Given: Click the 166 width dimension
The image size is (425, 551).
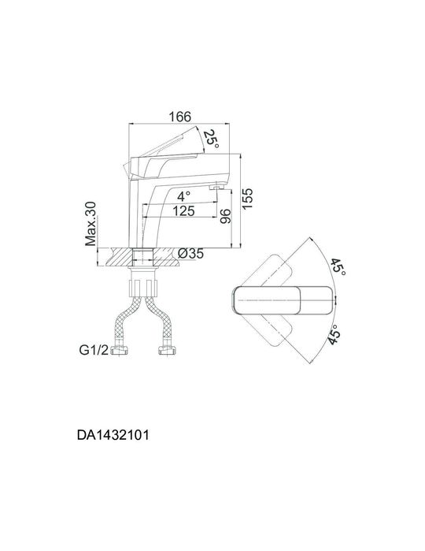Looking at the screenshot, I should (x=180, y=117).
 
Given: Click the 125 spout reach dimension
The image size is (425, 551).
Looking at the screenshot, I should (x=184, y=211).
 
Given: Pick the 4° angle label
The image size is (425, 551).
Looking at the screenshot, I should (x=183, y=195).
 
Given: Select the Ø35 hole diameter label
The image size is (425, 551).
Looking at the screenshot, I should (x=191, y=254).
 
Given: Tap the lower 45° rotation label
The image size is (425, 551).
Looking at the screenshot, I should (x=335, y=335).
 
